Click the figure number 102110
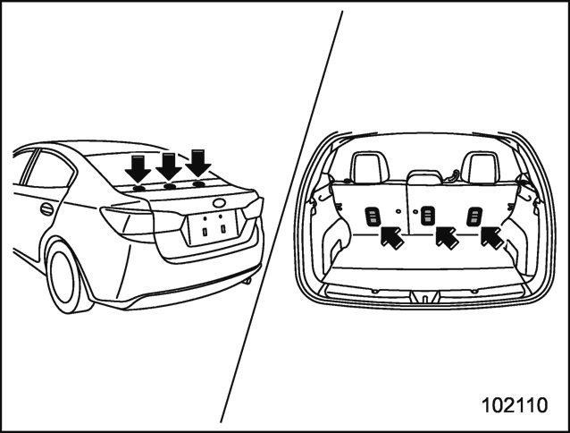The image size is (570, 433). coord(515,405)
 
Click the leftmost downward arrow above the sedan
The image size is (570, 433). coord(138,168)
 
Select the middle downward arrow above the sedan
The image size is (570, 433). coord(169,166)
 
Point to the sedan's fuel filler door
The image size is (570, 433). coord(46,208)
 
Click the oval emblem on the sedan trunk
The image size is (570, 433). coord(219,203)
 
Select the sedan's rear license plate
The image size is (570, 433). coord(214,228)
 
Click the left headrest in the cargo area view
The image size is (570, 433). coord(370,167)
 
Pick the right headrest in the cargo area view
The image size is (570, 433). coord(480,167)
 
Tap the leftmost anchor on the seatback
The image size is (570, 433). coord(373,216)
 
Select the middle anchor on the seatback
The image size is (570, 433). coord(427,216)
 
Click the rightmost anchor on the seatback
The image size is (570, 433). coord(474,216)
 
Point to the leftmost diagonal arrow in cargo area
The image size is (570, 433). coord(392,237)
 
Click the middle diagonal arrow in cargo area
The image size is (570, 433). coord(448,237)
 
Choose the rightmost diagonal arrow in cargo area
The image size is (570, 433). coord(492,237)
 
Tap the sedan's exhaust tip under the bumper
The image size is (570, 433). coord(247,281)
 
